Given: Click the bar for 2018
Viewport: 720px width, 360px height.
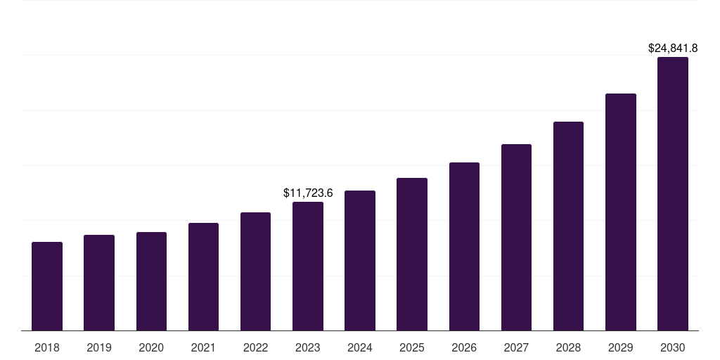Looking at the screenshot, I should point(47,286).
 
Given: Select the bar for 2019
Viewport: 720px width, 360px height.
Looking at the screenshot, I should point(99,283).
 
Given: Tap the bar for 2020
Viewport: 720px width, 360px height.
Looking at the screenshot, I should point(151,281).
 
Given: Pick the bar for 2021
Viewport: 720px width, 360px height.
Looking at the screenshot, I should point(203,276).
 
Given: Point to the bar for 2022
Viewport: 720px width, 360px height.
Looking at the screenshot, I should point(255,271).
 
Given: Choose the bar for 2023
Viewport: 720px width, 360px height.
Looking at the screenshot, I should point(308,266).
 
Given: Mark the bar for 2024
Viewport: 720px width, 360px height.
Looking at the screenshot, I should point(360,260).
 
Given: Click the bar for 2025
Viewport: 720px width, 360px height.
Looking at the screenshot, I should point(412,254).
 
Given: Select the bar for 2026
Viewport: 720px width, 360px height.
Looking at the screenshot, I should point(464,246).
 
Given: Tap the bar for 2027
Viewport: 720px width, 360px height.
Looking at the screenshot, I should point(516,237).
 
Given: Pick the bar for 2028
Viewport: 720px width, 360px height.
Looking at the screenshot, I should point(568,226).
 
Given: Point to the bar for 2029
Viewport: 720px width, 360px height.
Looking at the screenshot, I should point(621,212).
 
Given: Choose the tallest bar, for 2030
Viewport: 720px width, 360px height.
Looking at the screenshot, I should point(673,193).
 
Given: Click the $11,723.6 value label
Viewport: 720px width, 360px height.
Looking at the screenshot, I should point(308,193).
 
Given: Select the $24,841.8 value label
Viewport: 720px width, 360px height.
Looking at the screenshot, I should point(672,48).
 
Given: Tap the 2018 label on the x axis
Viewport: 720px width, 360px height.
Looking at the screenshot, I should point(47,347).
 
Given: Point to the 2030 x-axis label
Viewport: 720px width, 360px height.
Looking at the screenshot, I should point(673,347).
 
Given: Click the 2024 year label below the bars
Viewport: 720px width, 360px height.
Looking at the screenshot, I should point(360,347).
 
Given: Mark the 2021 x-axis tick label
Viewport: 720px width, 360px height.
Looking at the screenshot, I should point(203,347).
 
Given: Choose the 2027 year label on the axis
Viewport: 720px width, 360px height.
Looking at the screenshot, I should point(516,347).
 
